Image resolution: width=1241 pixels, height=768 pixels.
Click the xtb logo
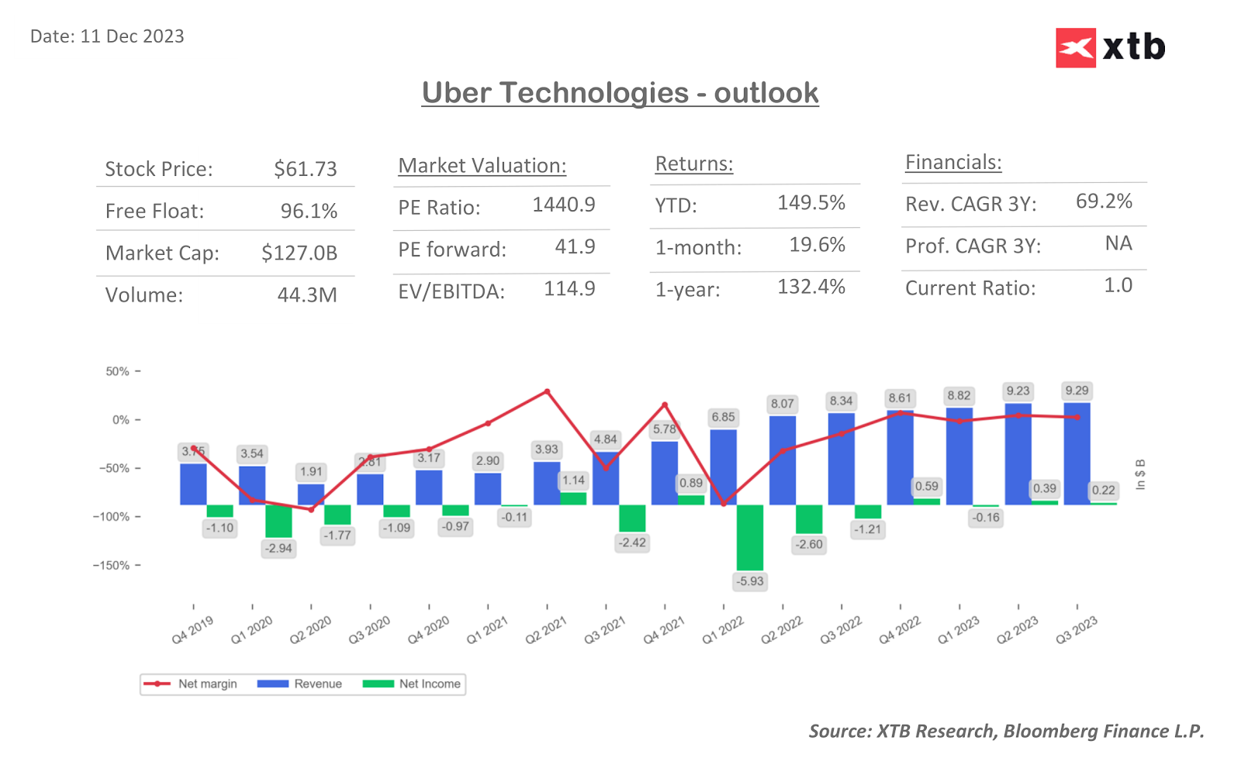1110,48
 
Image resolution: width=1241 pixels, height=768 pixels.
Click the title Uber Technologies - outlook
620,93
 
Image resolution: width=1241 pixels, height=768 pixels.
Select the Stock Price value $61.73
305,169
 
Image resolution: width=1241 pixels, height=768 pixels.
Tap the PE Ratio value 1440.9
563,205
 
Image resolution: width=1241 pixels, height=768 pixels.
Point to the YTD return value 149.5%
811,203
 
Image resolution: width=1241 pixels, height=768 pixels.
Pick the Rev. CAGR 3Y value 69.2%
1103,201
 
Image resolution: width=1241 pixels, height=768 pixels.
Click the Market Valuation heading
482,166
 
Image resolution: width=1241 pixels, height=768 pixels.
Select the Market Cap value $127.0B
299,253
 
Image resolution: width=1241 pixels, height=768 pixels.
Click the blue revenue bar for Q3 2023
1077,453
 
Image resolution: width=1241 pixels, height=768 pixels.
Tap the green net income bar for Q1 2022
749,537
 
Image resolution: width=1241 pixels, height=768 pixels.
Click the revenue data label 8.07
782,404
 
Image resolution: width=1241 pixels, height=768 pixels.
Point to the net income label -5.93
750,581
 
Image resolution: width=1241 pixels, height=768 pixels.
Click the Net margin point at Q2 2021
547,391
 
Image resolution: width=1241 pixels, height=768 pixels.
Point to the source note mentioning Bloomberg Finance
1005,731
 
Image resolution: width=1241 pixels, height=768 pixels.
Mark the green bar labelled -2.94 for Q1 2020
278,521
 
